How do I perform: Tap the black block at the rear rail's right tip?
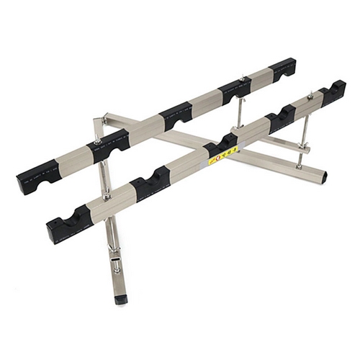pyautogui.click(x=282, y=68)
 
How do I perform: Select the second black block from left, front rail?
pyautogui.click(x=150, y=185)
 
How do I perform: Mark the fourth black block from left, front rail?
pyautogui.click(x=282, y=117)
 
